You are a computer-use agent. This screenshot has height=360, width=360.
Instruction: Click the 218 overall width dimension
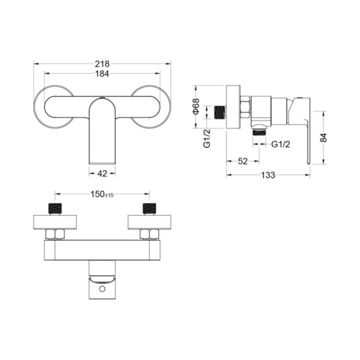(102, 64)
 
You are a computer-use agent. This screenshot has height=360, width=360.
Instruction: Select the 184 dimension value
(102, 74)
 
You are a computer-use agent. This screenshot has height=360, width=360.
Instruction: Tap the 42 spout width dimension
(102, 173)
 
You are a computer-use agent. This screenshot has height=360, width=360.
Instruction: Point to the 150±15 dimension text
(102, 194)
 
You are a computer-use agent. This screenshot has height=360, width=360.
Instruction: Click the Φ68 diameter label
(196, 106)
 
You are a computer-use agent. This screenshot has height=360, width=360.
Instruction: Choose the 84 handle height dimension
(323, 137)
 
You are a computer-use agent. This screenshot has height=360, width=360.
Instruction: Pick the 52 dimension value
(242, 161)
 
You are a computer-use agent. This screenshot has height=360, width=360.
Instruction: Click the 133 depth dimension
(268, 175)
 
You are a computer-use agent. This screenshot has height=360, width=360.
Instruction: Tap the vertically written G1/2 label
(207, 138)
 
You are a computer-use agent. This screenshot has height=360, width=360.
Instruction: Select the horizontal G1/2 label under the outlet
(281, 144)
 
